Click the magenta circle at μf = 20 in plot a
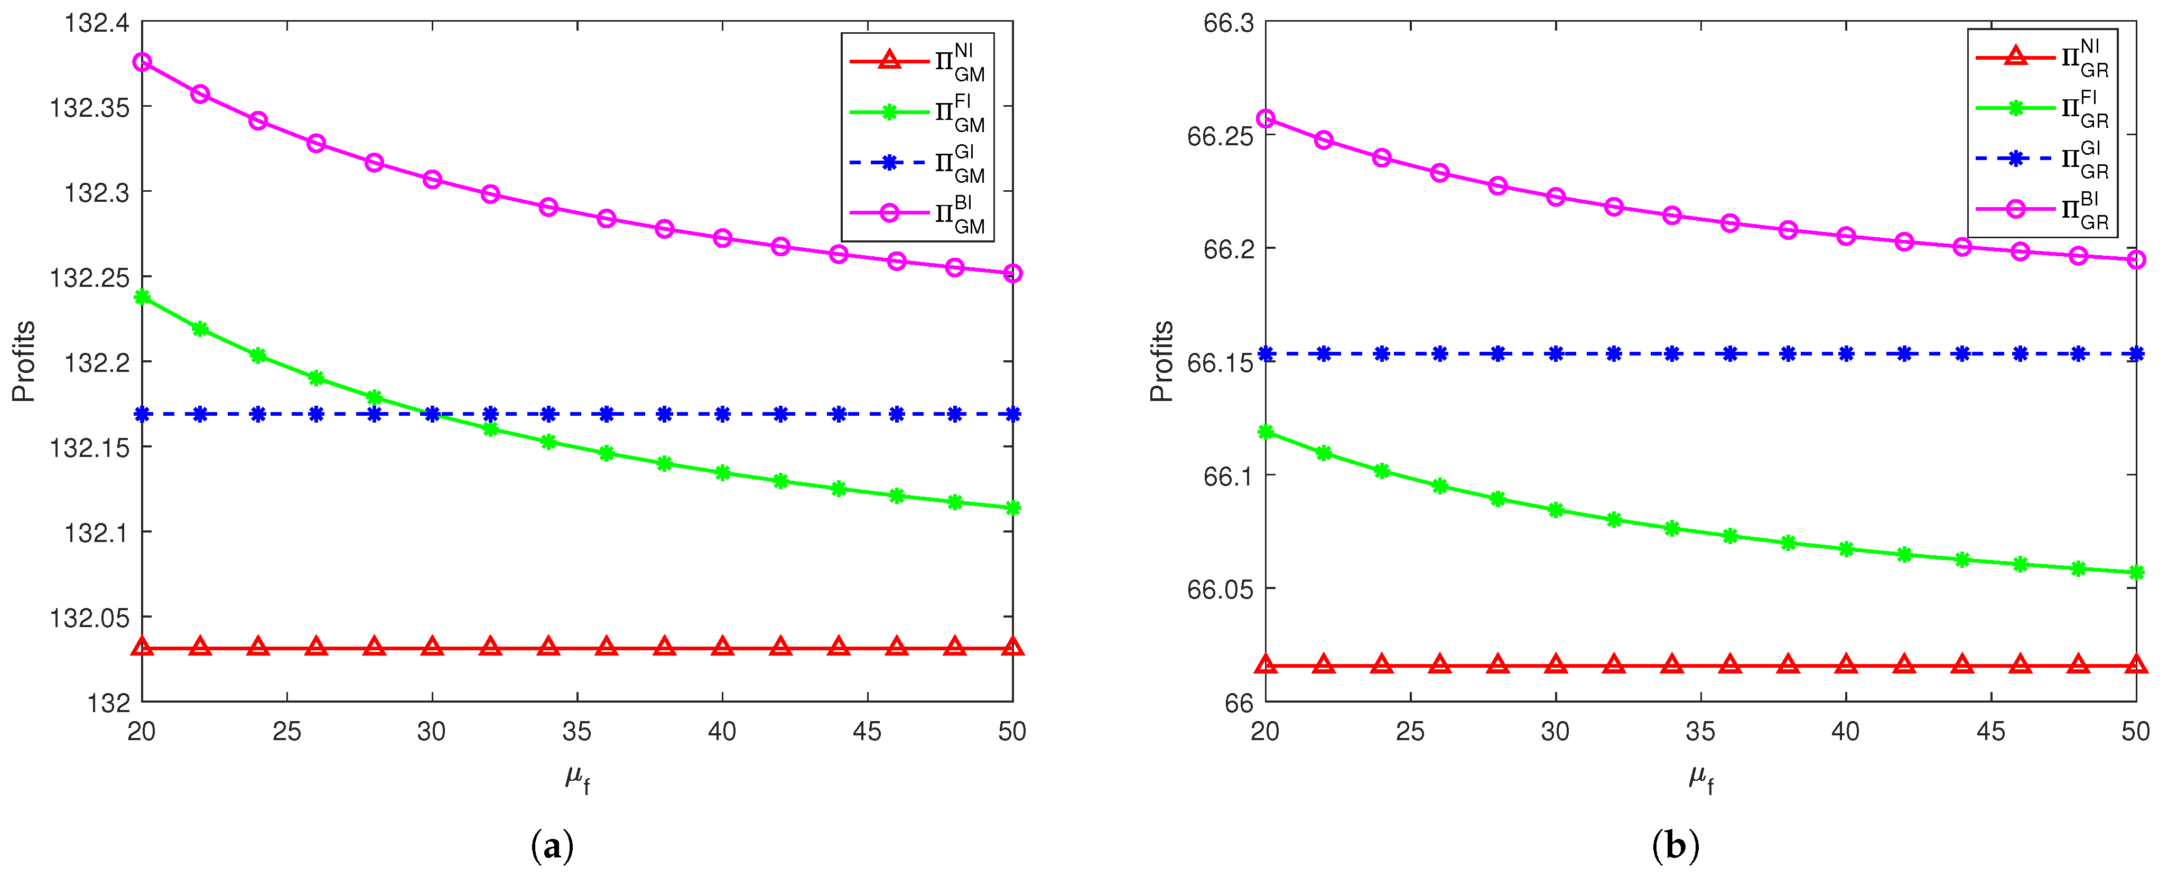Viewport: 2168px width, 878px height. (x=142, y=62)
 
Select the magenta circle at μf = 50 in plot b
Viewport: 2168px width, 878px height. (x=2136, y=260)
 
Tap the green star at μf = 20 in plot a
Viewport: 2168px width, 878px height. (x=142, y=297)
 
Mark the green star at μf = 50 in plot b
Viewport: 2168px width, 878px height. (x=2136, y=573)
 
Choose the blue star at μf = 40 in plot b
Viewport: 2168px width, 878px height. (x=1846, y=353)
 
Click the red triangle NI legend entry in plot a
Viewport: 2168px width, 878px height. (x=917, y=61)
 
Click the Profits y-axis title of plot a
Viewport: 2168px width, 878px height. (x=24, y=361)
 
